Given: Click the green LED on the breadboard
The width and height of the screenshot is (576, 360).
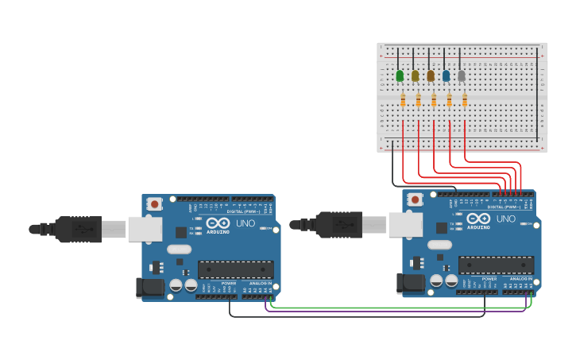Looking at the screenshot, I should [400, 76].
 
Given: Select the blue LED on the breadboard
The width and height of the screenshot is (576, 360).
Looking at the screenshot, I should [446, 76].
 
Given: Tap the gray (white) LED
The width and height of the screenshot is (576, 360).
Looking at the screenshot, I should [462, 76].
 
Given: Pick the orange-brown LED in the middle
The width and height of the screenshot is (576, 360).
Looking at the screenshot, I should [431, 76].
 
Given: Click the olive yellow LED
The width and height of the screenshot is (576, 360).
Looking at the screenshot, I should [415, 76].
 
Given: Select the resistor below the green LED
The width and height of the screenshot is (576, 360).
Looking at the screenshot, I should [403, 100].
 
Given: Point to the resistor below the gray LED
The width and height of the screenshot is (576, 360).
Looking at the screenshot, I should [465, 100].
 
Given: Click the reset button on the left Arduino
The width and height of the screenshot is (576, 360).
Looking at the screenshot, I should [154, 203].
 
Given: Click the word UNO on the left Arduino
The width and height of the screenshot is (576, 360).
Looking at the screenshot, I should [245, 223].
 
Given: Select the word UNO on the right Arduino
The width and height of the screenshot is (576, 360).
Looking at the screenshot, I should [505, 219].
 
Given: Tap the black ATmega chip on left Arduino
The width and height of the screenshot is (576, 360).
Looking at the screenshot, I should [236, 269].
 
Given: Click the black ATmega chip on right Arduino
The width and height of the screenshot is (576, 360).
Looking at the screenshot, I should [496, 265].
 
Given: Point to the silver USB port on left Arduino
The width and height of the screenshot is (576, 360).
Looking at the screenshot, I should [145, 230].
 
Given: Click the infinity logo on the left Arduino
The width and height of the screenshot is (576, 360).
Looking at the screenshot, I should [218, 223].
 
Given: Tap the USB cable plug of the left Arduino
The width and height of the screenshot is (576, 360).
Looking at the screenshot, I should [79, 229].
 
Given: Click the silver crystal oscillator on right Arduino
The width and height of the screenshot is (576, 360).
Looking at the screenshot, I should [439, 245].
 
